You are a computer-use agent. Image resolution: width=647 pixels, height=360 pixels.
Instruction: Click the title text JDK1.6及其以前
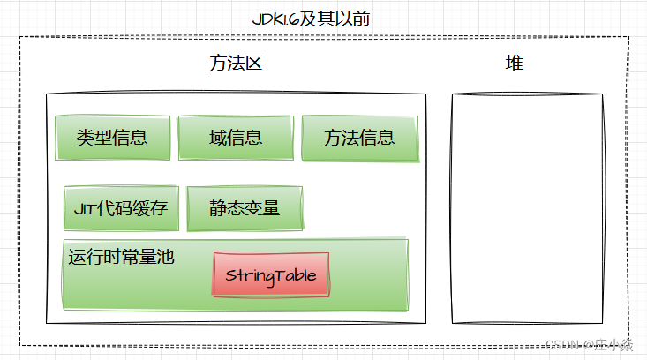[323, 19]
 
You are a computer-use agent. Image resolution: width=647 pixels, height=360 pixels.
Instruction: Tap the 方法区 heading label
[236, 64]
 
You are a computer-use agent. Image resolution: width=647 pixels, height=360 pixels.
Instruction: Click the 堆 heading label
[514, 64]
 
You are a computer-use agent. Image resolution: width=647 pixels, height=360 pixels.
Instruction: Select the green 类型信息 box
[111, 138]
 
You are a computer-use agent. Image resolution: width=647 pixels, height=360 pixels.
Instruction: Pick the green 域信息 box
[235, 138]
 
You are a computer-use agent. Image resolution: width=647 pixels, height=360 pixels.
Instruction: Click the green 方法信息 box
[358, 138]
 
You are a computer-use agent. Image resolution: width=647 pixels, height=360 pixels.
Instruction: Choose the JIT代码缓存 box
[121, 209]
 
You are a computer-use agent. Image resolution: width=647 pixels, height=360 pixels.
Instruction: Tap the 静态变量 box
[245, 209]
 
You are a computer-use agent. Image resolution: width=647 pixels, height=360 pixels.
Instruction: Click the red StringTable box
[271, 274]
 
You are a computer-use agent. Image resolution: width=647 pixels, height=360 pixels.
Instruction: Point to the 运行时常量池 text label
[122, 258]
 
